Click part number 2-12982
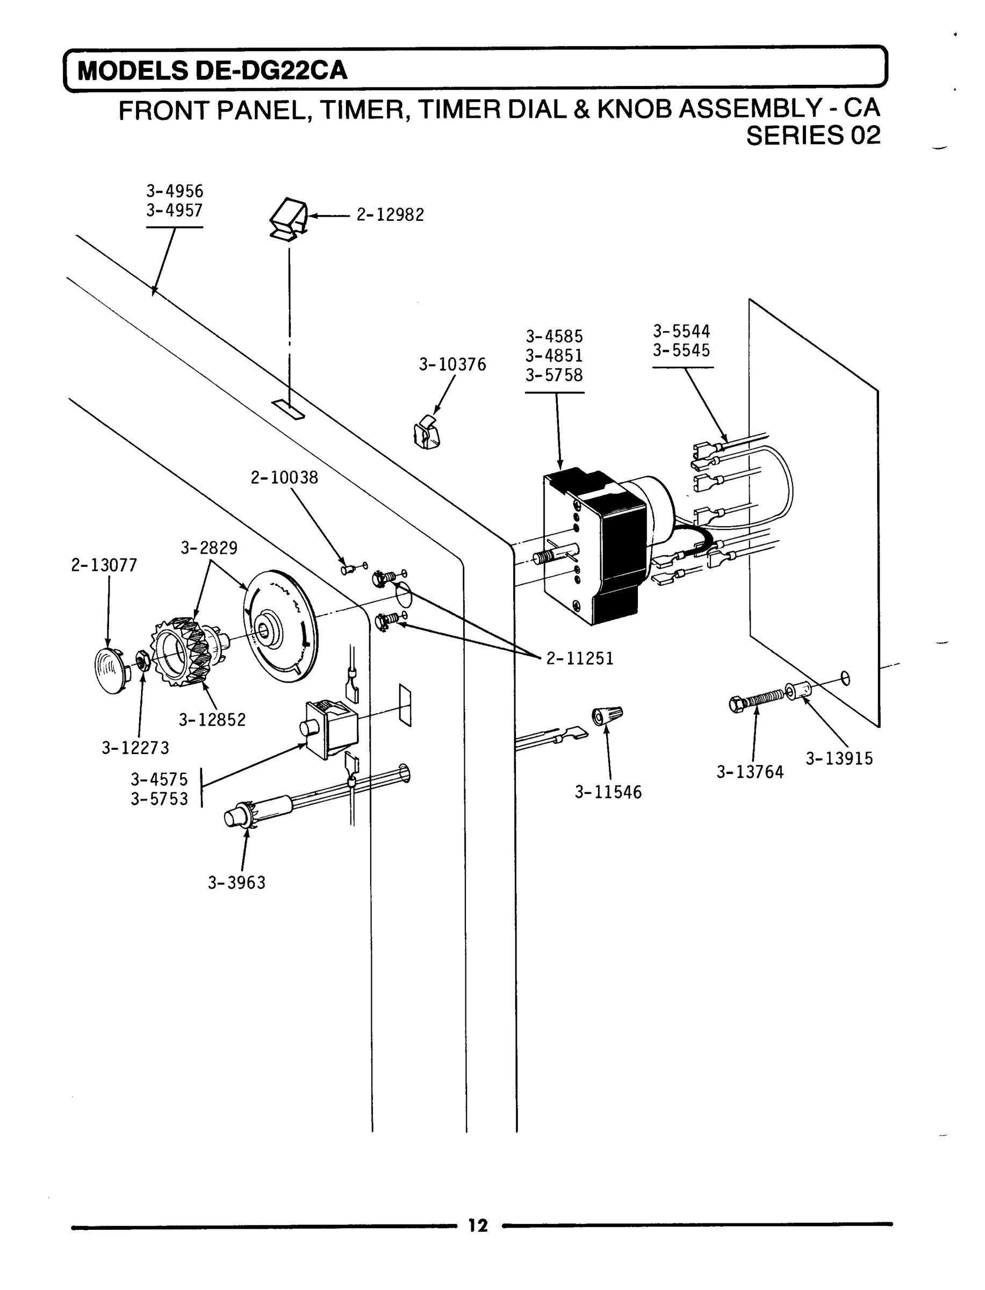390,215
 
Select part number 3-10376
452,365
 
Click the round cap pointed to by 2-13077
111,670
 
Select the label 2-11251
580,658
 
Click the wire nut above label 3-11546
607,715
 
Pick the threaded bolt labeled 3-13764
756,699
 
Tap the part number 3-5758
554,375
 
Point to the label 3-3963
236,883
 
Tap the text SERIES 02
813,136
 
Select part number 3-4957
174,211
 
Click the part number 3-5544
681,331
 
